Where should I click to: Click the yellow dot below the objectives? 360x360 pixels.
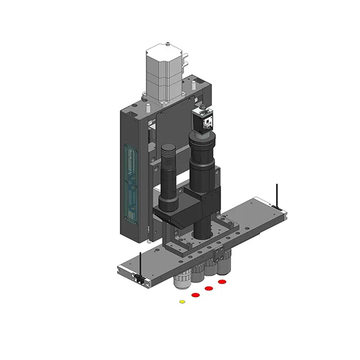182,301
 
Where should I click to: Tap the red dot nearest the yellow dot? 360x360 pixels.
196,295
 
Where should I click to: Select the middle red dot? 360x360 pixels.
209,288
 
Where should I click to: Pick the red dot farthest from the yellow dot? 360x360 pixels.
222,281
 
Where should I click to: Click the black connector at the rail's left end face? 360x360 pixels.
136,278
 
